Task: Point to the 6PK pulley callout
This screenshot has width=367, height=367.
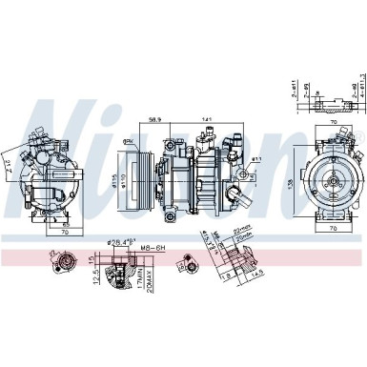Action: [x=128, y=138]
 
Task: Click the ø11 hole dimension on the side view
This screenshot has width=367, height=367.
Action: [x=256, y=158]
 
